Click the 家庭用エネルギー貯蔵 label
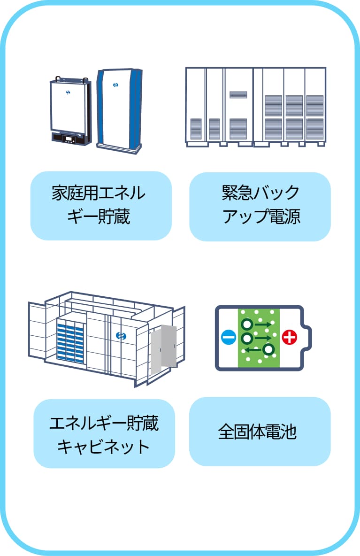pos(101,206)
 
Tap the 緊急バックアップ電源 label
pos(260,206)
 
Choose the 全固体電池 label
pos(260,432)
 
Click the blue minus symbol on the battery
pos(228,337)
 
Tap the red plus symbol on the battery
pos(290,337)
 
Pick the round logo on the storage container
pos(121,335)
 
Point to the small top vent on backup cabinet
pos(238,94)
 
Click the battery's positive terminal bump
pos(309,337)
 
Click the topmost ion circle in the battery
pos(247,324)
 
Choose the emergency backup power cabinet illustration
pos(255,107)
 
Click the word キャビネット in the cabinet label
pos(104,446)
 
